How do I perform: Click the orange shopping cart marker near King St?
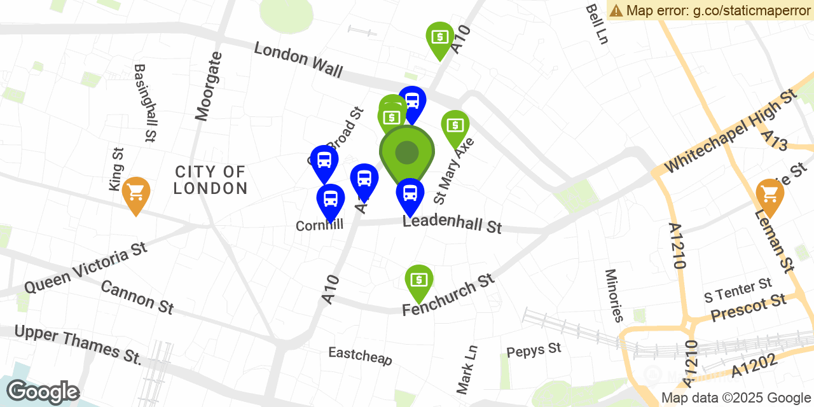pos(136,192)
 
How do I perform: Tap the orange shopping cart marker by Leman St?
pos(769,194)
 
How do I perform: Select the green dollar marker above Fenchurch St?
pos(419,280)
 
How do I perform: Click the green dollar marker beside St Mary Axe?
pos(455,125)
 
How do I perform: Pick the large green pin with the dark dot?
pos(407,153)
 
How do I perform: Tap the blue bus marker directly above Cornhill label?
pos(331,199)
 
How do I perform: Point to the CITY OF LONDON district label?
pos(210,180)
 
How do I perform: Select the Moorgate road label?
pos(210,86)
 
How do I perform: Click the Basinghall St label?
pos(145,102)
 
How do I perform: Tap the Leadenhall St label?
pos(452,224)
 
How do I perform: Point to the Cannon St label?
pos(137,297)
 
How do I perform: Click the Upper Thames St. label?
pos(78,345)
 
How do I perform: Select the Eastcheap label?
pos(360,355)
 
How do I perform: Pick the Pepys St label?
pos(534,350)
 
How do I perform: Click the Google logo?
pos(43,392)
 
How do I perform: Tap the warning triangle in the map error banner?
pos(616,10)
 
